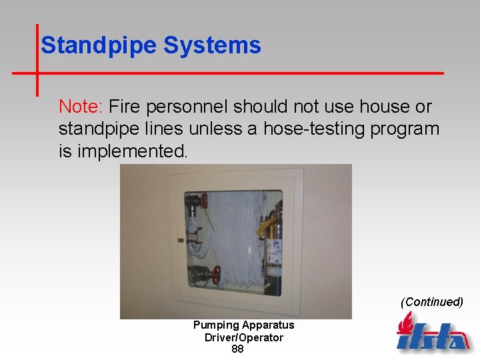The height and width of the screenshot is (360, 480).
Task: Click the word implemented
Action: (133, 151)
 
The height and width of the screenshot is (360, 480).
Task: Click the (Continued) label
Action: (431, 302)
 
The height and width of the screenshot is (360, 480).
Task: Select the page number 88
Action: (237, 349)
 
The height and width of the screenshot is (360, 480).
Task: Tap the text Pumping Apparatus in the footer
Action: (243, 325)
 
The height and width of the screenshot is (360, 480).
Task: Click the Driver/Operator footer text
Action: (243, 337)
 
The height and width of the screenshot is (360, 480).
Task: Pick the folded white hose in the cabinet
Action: (233, 240)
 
